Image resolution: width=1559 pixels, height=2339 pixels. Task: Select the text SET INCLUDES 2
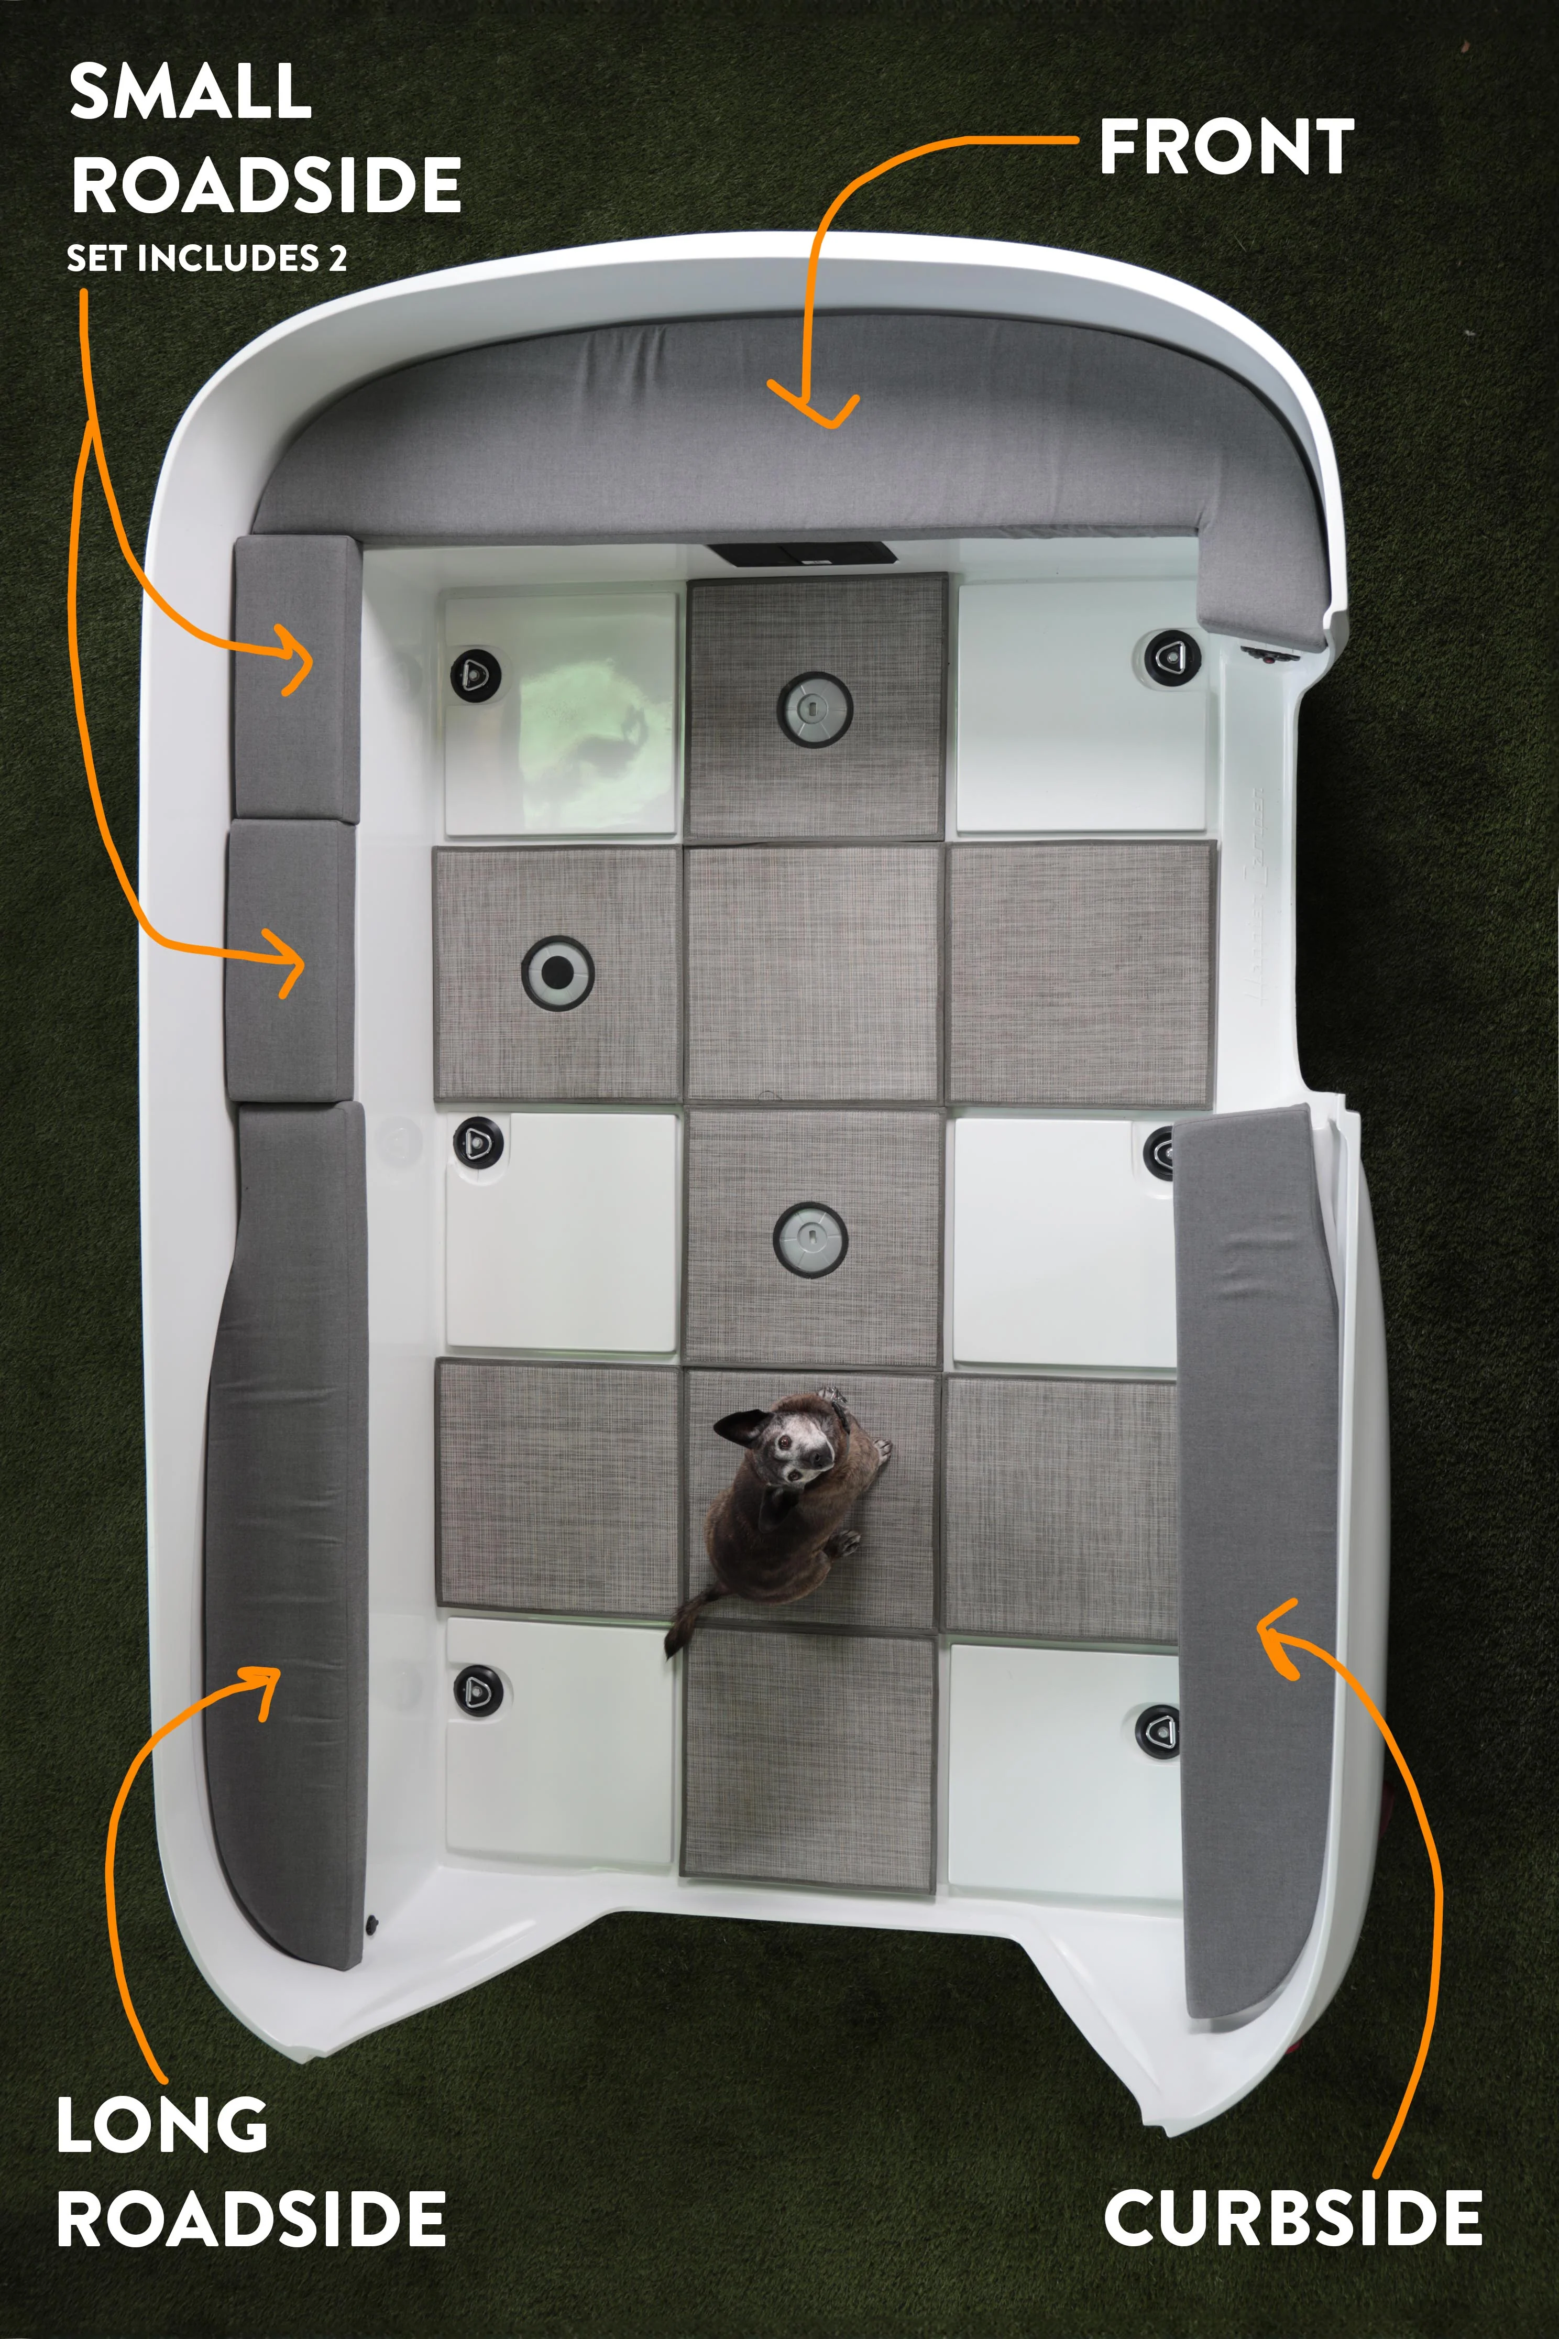click(x=207, y=258)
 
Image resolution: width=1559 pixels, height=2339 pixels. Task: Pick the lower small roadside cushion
click(x=290, y=960)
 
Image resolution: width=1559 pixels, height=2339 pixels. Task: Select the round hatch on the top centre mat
click(x=814, y=708)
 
